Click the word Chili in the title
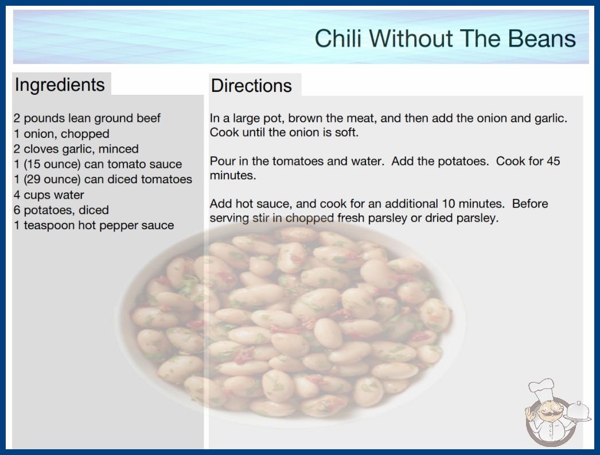tap(338, 38)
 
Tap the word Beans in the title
tap(541, 38)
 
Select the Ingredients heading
tap(60, 85)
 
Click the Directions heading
tap(251, 86)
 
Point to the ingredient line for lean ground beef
tap(87, 118)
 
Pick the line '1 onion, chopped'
tap(61, 134)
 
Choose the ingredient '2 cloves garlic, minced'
tap(76, 149)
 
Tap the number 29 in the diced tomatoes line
tap(33, 179)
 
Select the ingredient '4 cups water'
tap(49, 195)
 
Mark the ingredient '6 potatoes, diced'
tap(61, 210)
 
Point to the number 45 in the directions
tap(554, 161)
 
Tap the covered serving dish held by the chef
tap(578, 412)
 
